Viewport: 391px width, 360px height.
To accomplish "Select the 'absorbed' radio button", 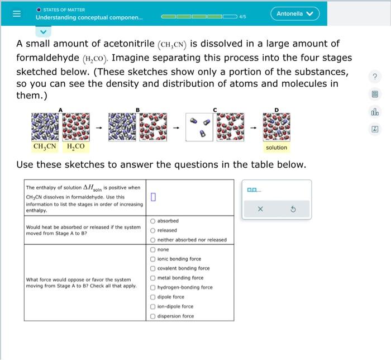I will click(152, 221).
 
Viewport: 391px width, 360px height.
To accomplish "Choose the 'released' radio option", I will click(152, 230).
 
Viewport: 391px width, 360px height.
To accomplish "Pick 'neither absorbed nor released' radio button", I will click(152, 240).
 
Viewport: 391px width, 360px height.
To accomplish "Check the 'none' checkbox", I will click(152, 249).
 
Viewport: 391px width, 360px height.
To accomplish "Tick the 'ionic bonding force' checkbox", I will click(152, 259).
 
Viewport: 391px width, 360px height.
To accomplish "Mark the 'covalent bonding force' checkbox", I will click(152, 268).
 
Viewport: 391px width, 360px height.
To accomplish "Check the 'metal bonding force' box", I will click(152, 278).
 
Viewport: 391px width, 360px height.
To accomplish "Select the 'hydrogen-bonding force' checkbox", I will click(152, 287).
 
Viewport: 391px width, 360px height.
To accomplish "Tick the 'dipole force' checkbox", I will click(152, 297).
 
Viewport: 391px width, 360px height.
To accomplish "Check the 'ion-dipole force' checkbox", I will click(152, 306).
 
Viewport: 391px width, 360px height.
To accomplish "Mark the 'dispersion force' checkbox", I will click(152, 316).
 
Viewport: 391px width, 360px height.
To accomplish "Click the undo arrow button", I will click(293, 209).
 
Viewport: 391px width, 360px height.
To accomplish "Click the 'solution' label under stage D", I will click(276, 148).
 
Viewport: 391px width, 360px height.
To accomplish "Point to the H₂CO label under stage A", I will click(75, 148).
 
